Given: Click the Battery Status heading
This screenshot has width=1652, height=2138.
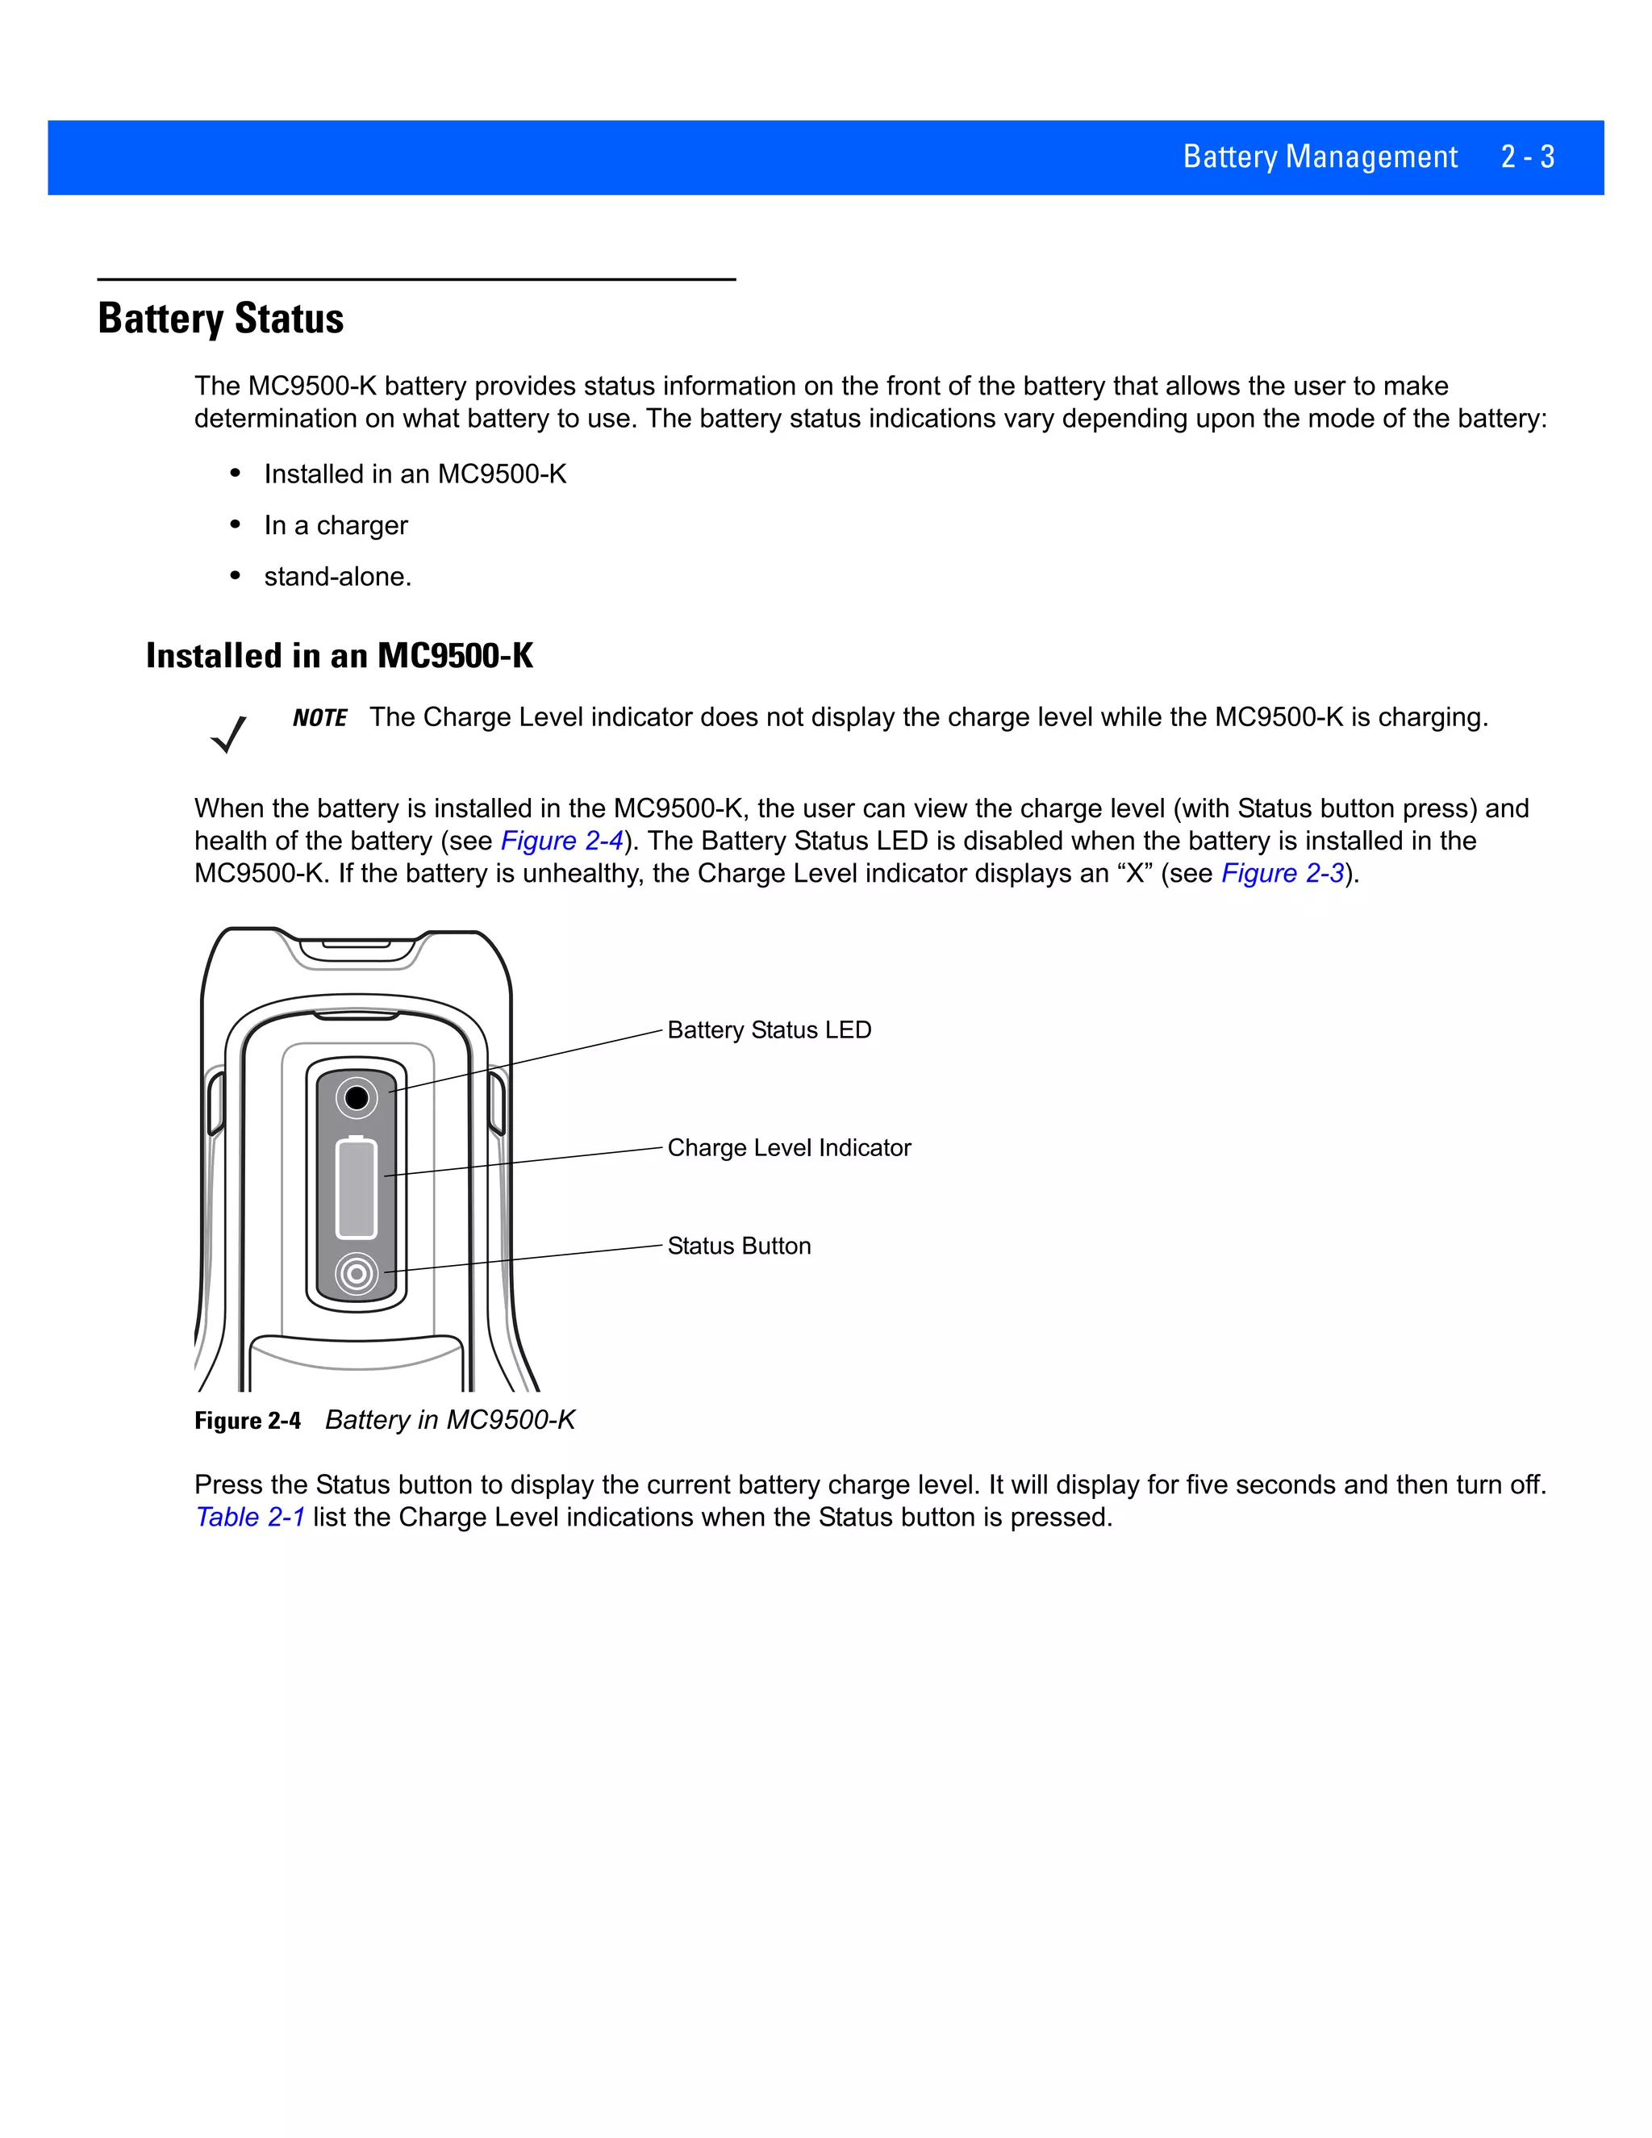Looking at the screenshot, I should (220, 319).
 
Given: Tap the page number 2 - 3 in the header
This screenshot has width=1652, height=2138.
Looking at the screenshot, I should (1527, 157).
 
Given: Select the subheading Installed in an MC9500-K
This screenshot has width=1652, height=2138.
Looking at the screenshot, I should (339, 656).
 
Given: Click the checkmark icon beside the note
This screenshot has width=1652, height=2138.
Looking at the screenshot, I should (229, 734).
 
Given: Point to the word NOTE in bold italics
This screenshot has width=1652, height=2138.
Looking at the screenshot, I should (319, 719).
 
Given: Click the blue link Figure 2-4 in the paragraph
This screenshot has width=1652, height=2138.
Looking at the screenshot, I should (561, 841).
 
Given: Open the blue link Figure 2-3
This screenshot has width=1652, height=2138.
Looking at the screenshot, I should (1282, 873).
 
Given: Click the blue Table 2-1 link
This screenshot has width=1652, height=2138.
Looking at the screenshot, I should (251, 1518).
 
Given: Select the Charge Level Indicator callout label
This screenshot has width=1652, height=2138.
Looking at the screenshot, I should (789, 1147).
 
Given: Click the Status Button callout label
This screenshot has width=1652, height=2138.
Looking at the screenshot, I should (739, 1246).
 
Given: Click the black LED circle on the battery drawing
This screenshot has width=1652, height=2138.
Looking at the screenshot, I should (357, 1097).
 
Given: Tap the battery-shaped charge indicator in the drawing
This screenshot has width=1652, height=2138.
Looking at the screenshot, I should (357, 1188).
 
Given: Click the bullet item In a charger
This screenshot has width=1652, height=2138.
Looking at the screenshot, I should (336, 526).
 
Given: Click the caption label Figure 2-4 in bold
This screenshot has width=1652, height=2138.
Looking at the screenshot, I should (248, 1421).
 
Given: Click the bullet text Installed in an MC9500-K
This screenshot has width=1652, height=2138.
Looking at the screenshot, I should (415, 474).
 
